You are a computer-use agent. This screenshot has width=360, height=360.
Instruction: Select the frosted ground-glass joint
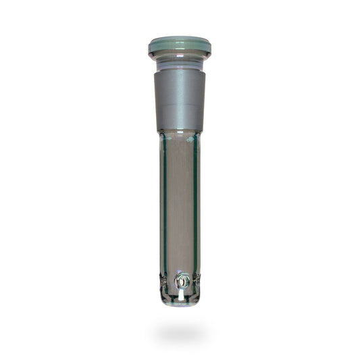(x=180, y=101)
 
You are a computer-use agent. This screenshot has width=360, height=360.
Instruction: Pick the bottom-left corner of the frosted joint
(x=159, y=130)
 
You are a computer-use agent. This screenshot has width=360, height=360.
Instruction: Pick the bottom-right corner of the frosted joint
(x=200, y=130)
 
